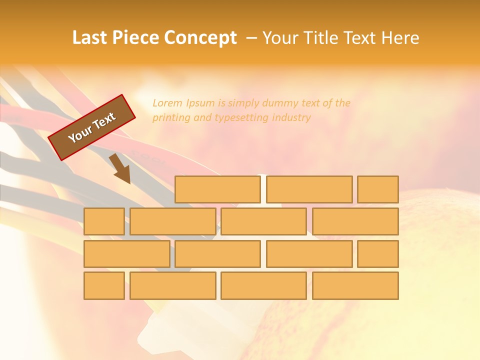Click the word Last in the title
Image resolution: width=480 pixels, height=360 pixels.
[x=90, y=38]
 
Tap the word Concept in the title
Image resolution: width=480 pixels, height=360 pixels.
[x=200, y=38]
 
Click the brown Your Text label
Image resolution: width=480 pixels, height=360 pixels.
[x=92, y=127]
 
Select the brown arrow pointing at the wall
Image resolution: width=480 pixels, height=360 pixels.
[x=120, y=168]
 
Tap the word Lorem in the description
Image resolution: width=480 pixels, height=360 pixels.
[x=167, y=103]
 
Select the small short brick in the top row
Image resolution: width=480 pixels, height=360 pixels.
[x=378, y=189]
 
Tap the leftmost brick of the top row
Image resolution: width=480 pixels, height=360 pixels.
[x=217, y=189]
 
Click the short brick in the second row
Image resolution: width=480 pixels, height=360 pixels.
[x=104, y=221]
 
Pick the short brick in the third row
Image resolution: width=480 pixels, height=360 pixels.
[x=378, y=254]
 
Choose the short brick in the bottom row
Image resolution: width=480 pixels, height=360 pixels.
[x=104, y=286]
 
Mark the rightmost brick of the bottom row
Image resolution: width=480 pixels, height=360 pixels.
[x=355, y=286]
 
